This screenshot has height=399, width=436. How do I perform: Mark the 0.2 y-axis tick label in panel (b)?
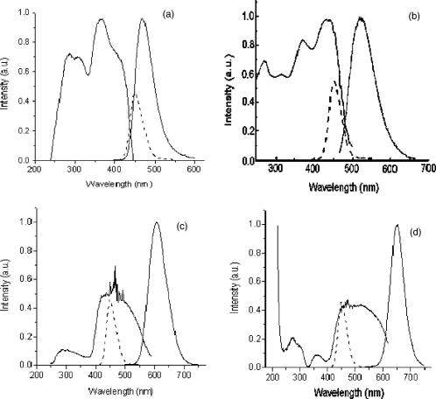pos(243,132)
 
